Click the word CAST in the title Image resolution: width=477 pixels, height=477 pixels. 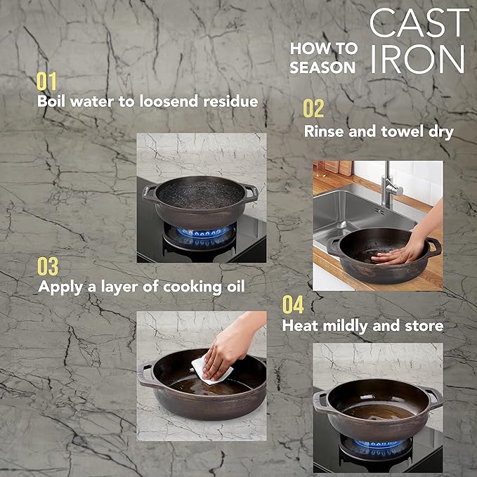click(x=419, y=23)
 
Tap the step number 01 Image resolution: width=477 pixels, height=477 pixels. click(x=47, y=81)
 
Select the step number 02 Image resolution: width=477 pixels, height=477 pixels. click(x=314, y=109)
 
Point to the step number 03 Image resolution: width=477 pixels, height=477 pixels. click(x=48, y=267)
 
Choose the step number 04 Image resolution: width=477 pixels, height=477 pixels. click(x=293, y=305)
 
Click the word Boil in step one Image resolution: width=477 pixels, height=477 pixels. click(x=51, y=101)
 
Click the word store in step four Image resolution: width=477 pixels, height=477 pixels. click(x=424, y=326)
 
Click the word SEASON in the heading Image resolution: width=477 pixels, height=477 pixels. click(x=323, y=68)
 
